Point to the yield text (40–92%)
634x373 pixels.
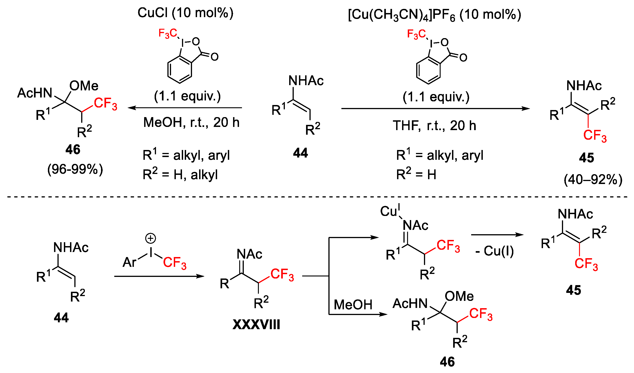pyautogui.click(x=593, y=180)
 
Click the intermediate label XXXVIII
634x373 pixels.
pyautogui.click(x=256, y=324)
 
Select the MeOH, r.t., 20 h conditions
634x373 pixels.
pyautogui.click(x=191, y=122)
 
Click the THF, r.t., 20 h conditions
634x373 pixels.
pyautogui.click(x=434, y=125)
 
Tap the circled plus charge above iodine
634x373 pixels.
pyautogui.click(x=151, y=238)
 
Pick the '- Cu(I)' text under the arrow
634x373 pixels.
pyautogui.click(x=495, y=251)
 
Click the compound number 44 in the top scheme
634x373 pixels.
pyautogui.click(x=300, y=153)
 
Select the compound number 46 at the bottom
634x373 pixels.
pyautogui.click(x=447, y=362)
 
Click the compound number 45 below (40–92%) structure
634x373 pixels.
pyautogui.click(x=586, y=158)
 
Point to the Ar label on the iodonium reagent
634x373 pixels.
pyautogui.click(x=129, y=263)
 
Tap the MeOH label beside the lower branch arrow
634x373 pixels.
pyautogui.click(x=353, y=305)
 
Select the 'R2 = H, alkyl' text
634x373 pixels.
pyautogui.click(x=180, y=175)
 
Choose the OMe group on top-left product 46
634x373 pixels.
pyautogui.click(x=84, y=86)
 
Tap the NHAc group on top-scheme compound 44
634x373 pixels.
pyautogui.click(x=306, y=81)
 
